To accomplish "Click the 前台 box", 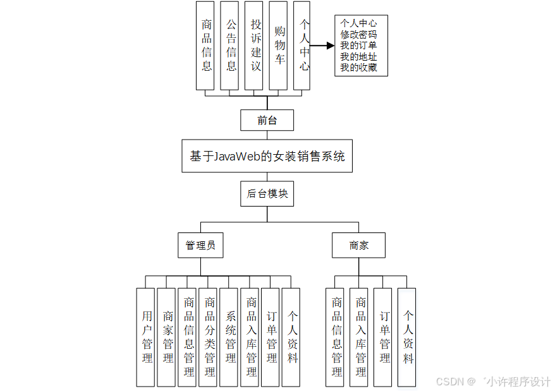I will point(267,120).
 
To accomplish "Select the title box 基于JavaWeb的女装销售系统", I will point(267,156).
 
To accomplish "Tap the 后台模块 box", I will point(267,194).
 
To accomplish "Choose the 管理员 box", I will point(200,245).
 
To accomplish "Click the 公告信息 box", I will point(231,45).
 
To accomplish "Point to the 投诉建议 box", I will point(255,45).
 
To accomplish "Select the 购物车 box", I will point(280,45).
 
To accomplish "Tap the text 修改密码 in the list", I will point(358,35).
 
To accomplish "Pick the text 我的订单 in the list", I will point(358,45).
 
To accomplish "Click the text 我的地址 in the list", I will point(358,56).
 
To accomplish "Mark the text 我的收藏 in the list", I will point(358,67).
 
